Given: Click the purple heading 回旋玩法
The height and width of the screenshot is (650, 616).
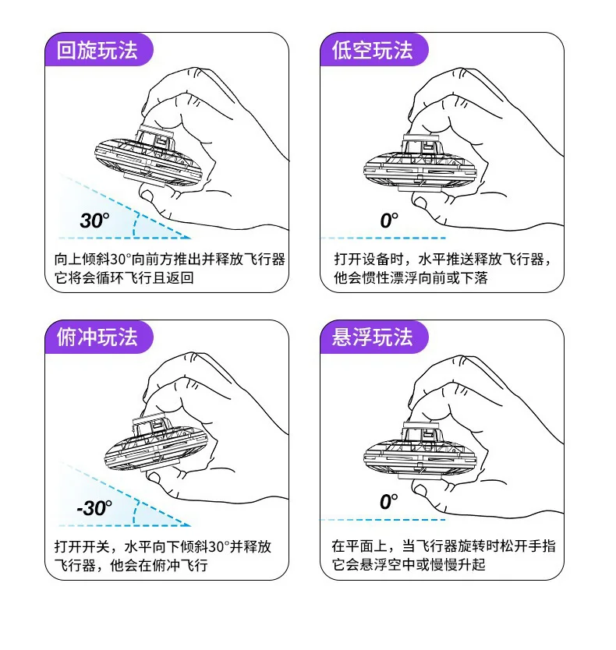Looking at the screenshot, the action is (x=97, y=50).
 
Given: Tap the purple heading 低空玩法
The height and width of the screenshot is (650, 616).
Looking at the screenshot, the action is (x=372, y=50).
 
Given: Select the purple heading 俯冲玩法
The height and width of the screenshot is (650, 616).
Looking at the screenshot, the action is (x=97, y=337).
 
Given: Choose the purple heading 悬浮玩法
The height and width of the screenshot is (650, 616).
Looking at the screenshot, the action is (x=372, y=337).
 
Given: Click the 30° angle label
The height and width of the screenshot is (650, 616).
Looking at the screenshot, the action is (x=95, y=220).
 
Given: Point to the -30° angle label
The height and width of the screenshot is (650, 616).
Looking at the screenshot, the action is (x=94, y=508).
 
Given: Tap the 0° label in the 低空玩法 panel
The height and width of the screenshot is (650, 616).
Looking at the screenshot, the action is (x=389, y=220).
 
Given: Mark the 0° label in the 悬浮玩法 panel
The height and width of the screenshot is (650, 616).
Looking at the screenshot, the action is (x=389, y=502).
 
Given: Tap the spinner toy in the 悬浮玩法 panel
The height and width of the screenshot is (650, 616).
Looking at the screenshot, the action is (x=420, y=451).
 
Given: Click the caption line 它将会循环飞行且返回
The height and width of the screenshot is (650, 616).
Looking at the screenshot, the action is (x=124, y=277).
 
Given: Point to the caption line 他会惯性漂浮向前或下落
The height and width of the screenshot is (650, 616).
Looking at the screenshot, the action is (x=411, y=277).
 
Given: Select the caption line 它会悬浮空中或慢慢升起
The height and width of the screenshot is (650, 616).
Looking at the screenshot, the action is (x=408, y=564).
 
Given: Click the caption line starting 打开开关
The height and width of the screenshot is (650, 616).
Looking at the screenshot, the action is (x=163, y=546).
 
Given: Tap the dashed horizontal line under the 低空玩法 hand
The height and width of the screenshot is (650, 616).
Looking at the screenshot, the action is (x=384, y=238).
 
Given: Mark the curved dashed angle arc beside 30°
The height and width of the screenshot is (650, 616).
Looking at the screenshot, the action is (x=135, y=225).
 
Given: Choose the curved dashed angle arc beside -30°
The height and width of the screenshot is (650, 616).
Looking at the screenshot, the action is (x=135, y=513).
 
